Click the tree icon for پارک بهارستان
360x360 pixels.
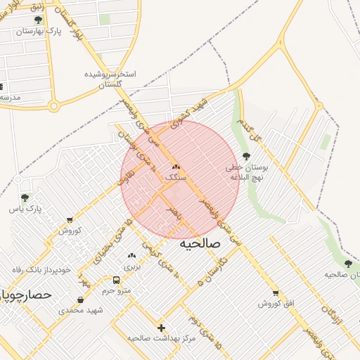(x=38, y=20)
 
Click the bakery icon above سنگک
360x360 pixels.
(x=176, y=167)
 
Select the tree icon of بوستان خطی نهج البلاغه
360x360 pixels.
(x=245, y=156)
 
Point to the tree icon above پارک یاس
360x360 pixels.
(x=25, y=198)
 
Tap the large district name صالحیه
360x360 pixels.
(x=200, y=243)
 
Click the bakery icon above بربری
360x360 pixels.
(x=131, y=255)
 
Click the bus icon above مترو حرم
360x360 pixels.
(x=116, y=278)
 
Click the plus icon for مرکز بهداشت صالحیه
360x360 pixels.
(x=162, y=328)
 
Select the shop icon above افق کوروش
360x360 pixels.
(x=275, y=293)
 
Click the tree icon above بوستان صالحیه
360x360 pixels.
(x=348, y=264)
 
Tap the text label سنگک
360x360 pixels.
(x=176, y=179)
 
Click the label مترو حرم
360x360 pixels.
(x=117, y=290)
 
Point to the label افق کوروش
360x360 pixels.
(x=275, y=304)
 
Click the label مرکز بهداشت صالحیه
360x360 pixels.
(x=161, y=339)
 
